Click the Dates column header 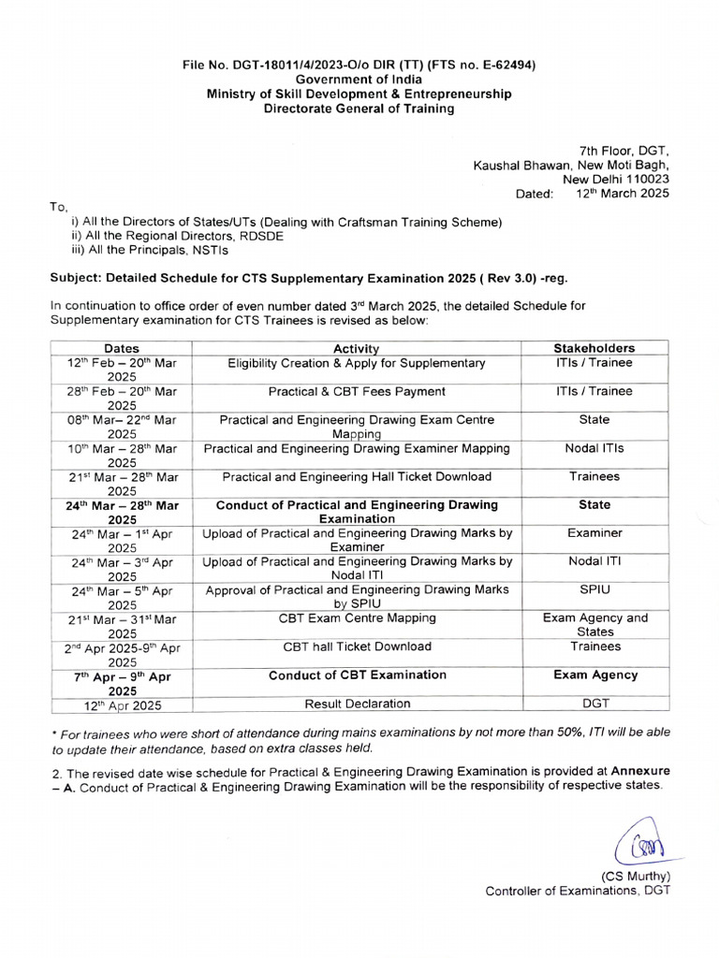click(122, 348)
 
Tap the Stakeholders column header click(594, 348)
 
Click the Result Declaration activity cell click(357, 704)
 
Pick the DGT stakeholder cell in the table click(594, 704)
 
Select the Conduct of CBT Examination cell click(357, 675)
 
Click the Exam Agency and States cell click(594, 625)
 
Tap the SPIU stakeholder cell click(594, 590)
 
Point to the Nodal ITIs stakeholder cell click(594, 449)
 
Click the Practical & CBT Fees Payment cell click(357, 392)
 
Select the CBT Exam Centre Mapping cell click(357, 618)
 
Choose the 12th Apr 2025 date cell click(122, 704)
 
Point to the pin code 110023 click(643, 180)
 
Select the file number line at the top click(359, 65)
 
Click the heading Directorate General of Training click(359, 109)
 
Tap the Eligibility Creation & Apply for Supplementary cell click(357, 363)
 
